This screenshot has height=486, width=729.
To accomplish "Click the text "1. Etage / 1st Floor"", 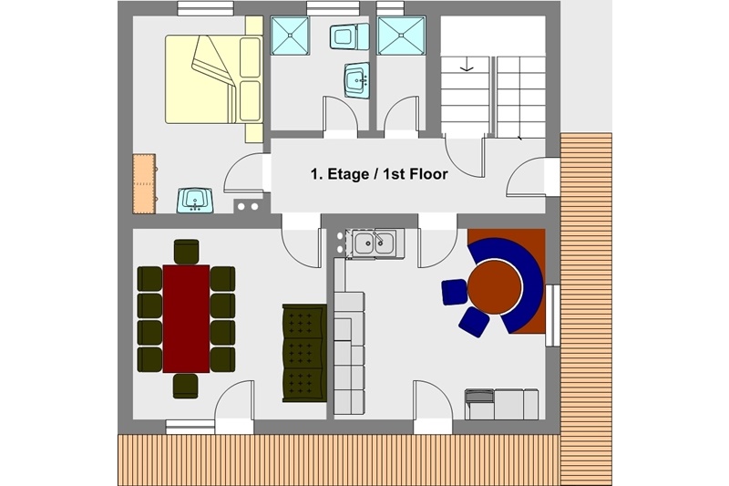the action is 379,174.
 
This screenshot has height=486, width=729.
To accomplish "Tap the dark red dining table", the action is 186,318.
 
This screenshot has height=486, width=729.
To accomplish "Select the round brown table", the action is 494,287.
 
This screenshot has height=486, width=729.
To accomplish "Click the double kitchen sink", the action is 374,243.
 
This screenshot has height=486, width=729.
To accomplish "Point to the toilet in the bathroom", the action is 349,36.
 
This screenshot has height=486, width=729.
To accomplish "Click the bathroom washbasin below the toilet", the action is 356,80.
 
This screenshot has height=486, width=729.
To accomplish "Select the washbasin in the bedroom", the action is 195,201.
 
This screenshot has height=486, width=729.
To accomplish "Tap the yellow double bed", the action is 214,79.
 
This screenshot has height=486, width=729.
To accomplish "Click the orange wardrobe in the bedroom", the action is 144,183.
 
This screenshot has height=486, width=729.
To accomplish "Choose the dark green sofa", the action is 304,353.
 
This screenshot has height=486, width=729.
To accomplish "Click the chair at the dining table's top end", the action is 187,252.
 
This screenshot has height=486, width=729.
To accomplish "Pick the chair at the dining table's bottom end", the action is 186,386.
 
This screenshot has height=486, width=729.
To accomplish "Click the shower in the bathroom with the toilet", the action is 290,36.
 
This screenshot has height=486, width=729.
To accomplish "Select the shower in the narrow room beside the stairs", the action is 401,36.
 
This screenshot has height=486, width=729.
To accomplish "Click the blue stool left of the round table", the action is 454,292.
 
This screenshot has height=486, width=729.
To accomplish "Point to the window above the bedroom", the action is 205,8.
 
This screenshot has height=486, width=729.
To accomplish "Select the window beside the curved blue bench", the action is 553,315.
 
